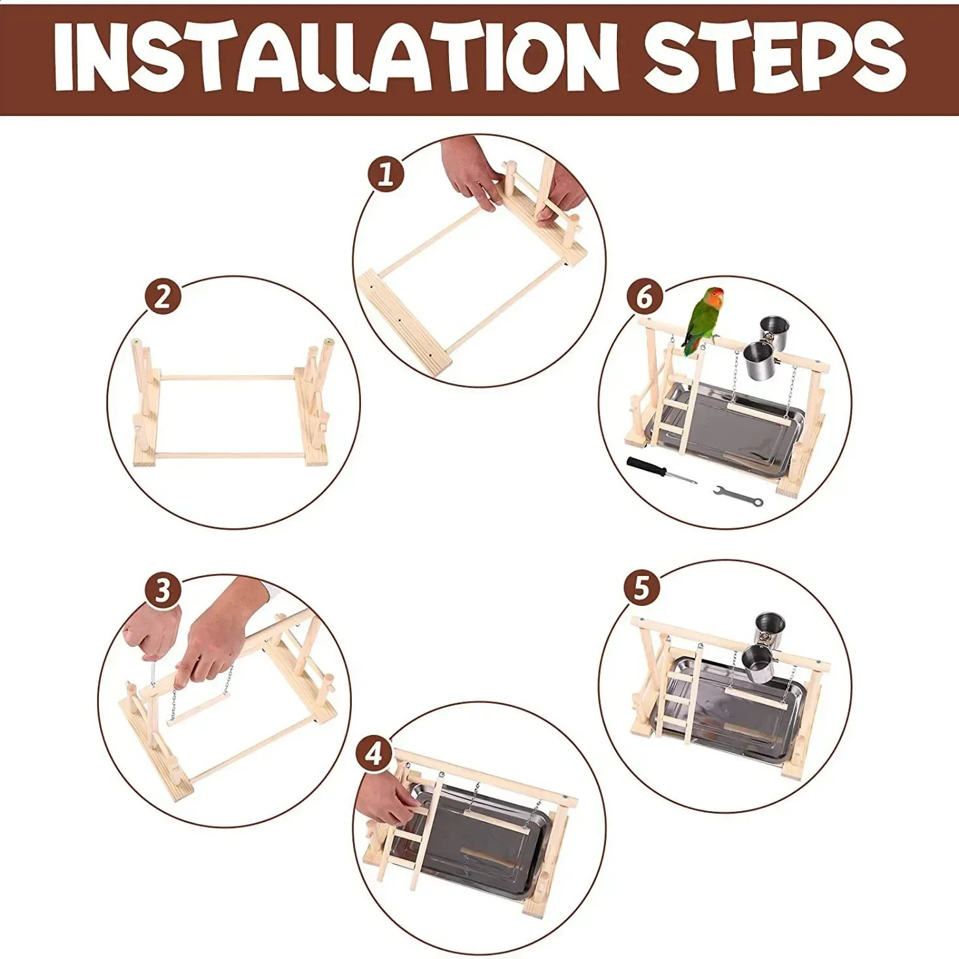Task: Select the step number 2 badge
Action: [163, 300]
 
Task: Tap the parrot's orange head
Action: [715, 297]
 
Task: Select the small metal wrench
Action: [738, 496]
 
